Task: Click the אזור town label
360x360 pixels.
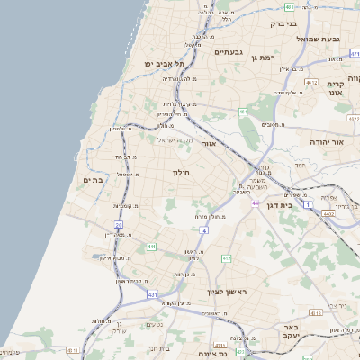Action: click(209, 144)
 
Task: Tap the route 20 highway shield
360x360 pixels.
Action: click(118, 224)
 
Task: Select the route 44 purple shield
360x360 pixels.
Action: click(256, 203)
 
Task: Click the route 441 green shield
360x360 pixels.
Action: click(151, 246)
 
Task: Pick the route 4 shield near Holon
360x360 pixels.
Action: click(204, 231)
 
